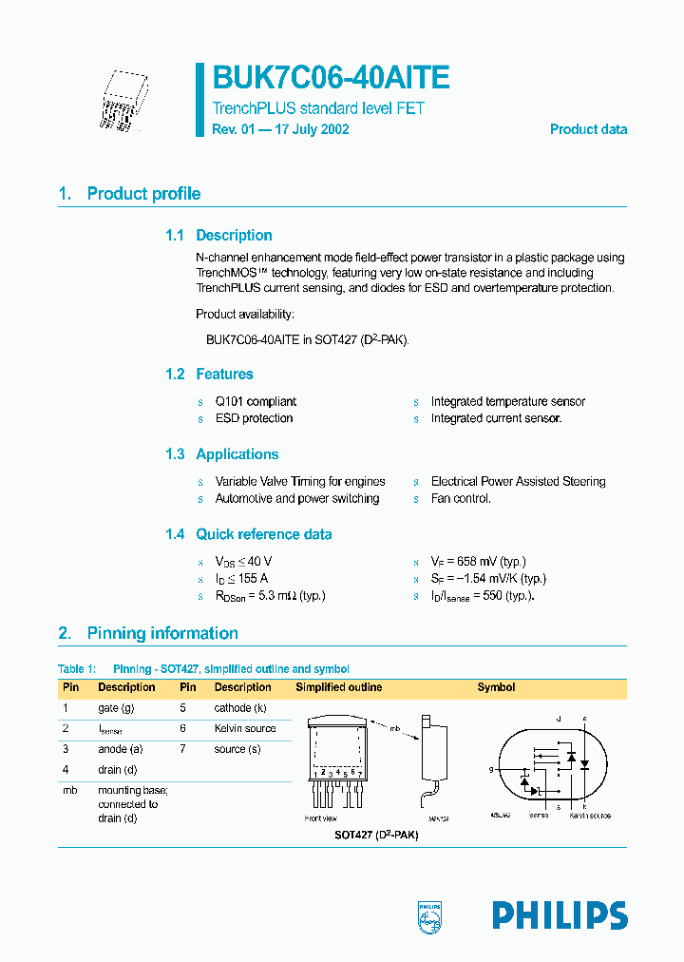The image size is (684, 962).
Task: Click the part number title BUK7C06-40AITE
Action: pos(330,78)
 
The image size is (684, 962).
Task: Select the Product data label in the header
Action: pos(588,129)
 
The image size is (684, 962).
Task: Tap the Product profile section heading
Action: pos(143,194)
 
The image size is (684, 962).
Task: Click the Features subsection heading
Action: pos(224,375)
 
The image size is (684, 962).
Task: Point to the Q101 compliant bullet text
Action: pos(256,402)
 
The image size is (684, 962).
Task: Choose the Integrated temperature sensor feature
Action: pos(507,402)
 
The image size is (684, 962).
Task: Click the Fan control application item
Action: pos(461,499)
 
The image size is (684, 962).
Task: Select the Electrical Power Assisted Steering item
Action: pos(518,482)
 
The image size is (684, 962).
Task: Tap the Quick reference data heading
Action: pos(263,534)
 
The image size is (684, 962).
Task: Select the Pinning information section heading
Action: pos(162,633)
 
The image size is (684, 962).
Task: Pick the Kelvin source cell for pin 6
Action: pos(245,728)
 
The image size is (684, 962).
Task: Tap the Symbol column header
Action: pos(496,687)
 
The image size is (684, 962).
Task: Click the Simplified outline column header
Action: pos(339,687)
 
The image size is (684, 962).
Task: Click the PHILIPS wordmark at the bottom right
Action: pos(560,915)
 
